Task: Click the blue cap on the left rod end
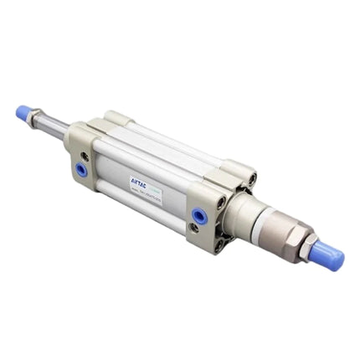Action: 24,112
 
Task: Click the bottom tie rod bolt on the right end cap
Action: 219,245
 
